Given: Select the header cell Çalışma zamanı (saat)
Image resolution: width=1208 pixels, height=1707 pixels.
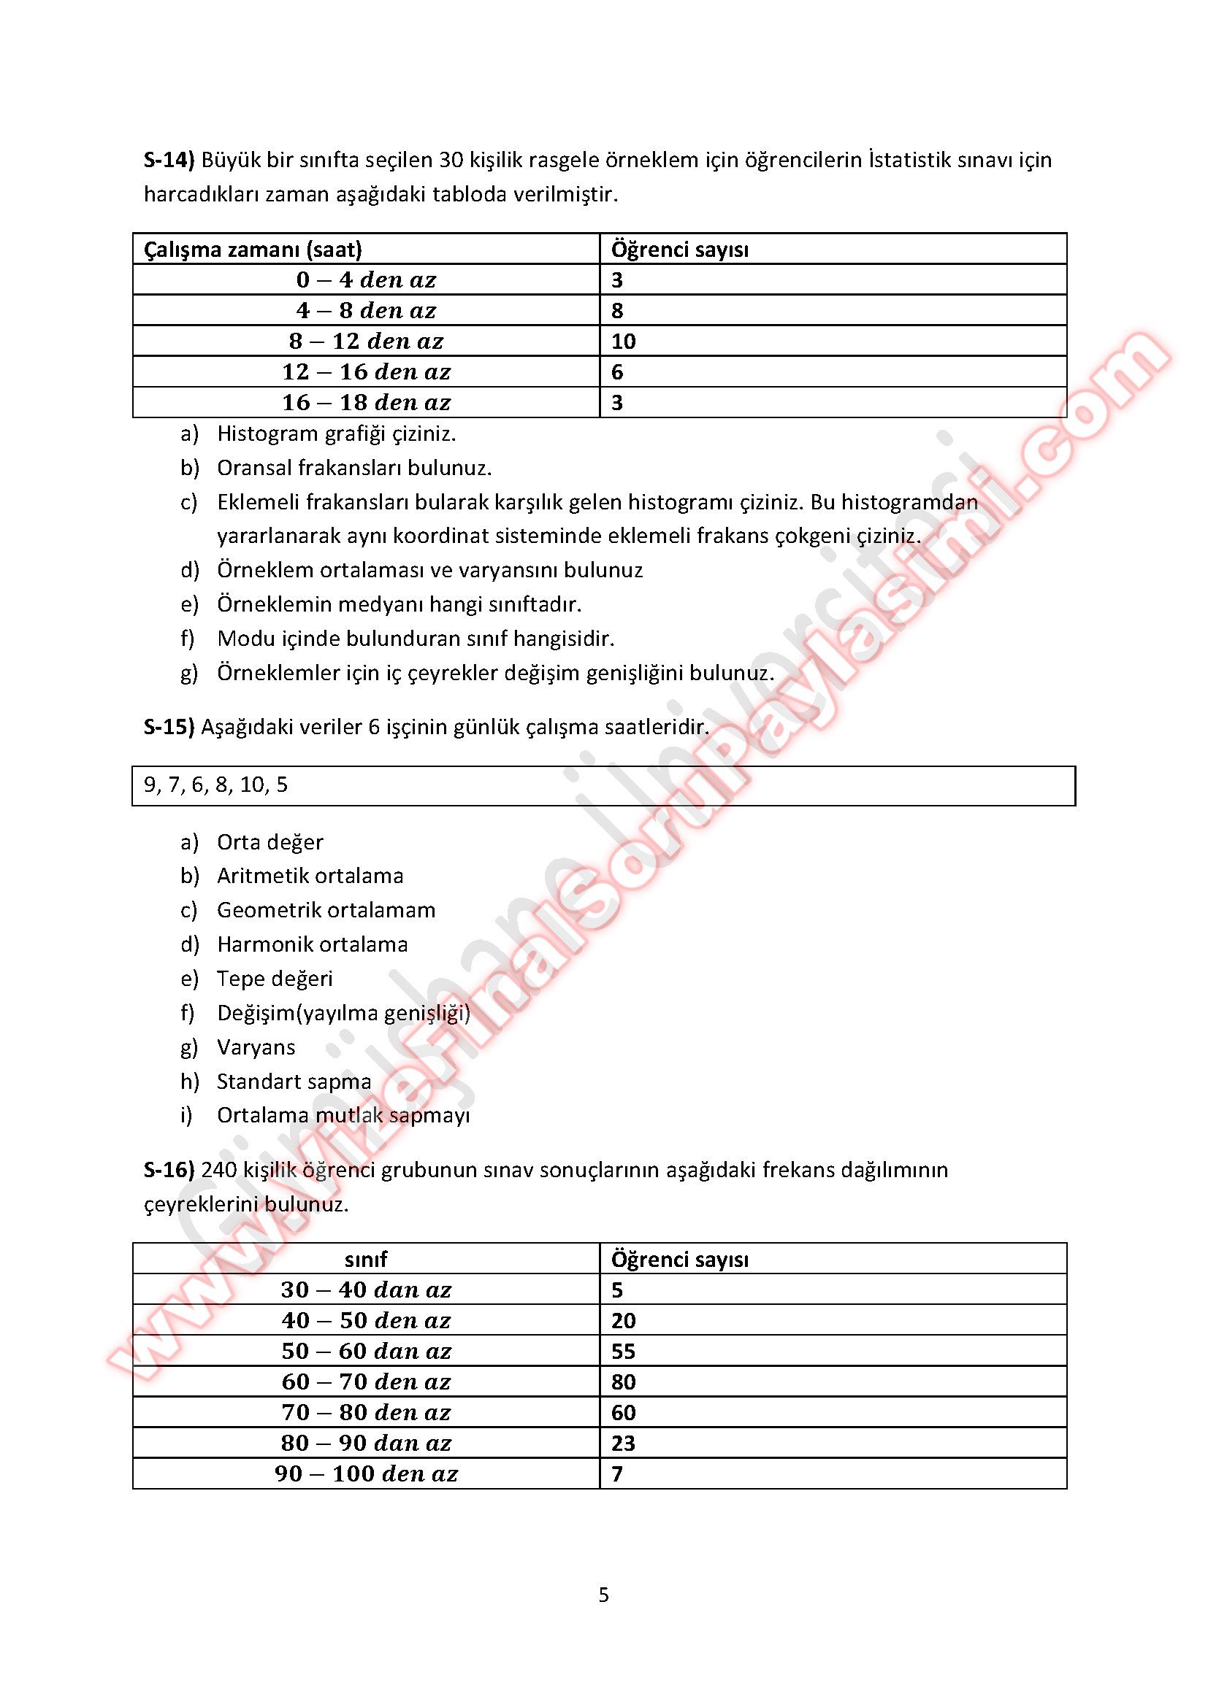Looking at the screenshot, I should click(x=253, y=249).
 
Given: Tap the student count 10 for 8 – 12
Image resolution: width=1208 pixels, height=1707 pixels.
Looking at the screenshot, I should click(x=623, y=342).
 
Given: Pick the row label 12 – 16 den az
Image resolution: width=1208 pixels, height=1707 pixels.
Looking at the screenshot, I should click(x=366, y=371).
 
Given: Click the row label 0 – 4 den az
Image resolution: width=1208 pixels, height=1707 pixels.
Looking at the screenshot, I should click(x=366, y=280).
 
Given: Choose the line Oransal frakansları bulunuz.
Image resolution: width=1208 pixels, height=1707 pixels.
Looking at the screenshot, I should click(x=354, y=468).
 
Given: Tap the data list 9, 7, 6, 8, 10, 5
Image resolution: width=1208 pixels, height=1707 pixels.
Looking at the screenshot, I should click(x=215, y=785).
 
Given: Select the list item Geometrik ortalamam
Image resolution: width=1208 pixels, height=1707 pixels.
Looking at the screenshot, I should click(x=326, y=910).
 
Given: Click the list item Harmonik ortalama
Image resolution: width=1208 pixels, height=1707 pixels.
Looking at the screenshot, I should click(x=313, y=944).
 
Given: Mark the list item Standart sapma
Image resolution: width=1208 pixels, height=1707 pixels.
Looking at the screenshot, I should click(x=294, y=1081).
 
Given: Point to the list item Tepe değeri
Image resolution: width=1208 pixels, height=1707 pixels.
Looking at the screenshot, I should click(x=275, y=979).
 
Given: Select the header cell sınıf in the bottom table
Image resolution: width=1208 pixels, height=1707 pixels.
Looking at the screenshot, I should click(x=366, y=1259).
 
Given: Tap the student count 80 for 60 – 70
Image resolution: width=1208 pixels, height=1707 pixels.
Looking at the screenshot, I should click(x=623, y=1382).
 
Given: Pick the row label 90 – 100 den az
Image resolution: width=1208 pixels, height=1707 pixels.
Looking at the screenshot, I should click(x=366, y=1473).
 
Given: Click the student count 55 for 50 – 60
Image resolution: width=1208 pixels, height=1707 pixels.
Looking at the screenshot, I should click(x=623, y=1351).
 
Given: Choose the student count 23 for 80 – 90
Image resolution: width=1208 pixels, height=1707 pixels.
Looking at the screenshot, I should click(x=623, y=1443).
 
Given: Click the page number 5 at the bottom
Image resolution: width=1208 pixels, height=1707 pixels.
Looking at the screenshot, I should click(x=603, y=1595).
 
